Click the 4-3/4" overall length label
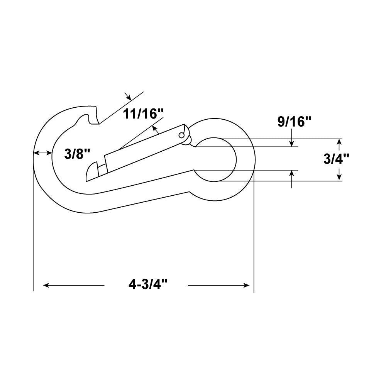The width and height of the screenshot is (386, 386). (x=148, y=285)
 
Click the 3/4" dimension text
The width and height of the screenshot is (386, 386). (x=336, y=159)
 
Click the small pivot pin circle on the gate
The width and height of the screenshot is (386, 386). (x=181, y=135)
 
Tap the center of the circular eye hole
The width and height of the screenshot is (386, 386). (x=215, y=159)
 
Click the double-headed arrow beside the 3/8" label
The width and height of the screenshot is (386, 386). (x=42, y=153)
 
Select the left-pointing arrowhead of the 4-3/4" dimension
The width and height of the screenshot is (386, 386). (x=46, y=285)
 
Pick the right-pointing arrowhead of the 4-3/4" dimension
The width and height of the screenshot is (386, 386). (x=246, y=285)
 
